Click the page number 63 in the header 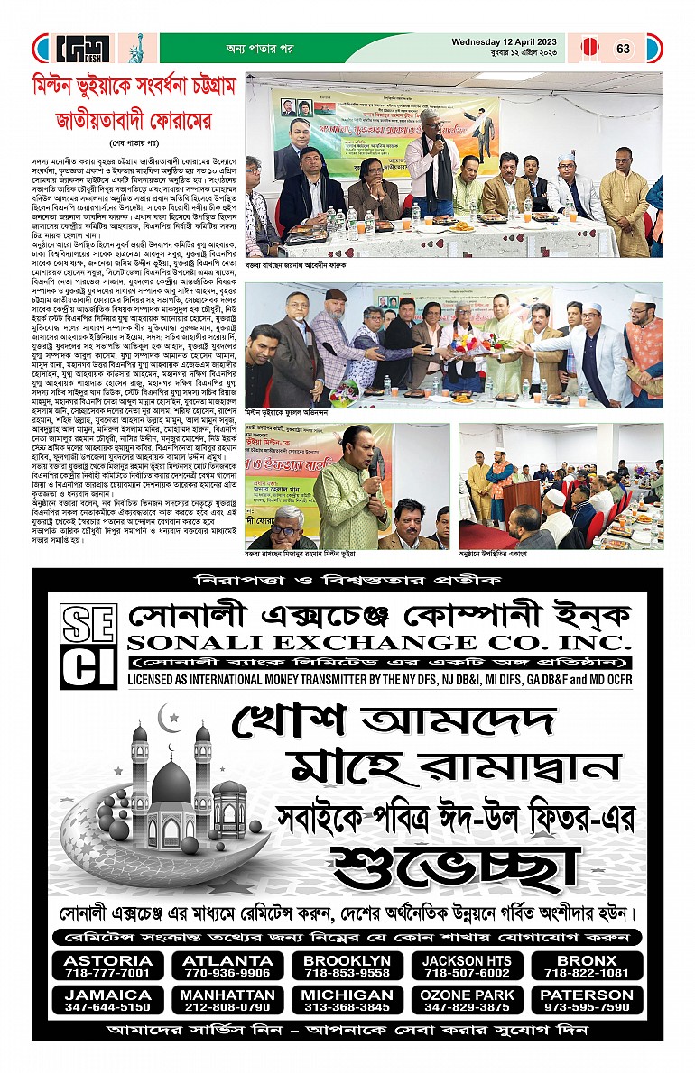(624, 49)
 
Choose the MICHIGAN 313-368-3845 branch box (348, 1000)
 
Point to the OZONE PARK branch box (467, 1000)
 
